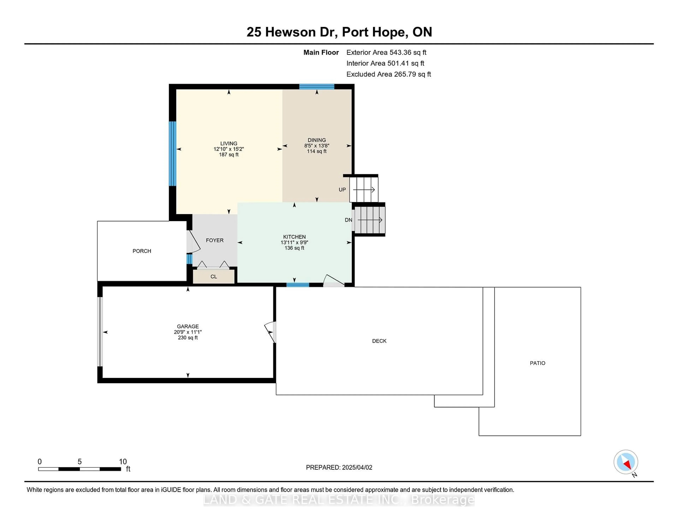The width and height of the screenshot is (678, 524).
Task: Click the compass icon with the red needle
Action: (626, 462)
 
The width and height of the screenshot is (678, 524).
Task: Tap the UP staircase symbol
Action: (364, 189)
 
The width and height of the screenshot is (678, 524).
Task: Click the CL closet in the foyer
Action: (214, 276)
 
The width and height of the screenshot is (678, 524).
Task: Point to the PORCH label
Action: (142, 251)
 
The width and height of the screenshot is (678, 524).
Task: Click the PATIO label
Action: (537, 363)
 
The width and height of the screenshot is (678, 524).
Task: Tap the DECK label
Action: (379, 341)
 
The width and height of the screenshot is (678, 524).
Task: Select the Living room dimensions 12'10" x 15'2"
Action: (229, 149)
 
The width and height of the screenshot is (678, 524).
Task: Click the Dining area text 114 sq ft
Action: (317, 151)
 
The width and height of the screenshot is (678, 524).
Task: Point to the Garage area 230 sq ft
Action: (188, 337)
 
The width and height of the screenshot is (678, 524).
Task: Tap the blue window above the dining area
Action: (317, 87)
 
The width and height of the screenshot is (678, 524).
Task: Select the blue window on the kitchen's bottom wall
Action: (297, 285)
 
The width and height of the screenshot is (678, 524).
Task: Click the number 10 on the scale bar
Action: (123, 462)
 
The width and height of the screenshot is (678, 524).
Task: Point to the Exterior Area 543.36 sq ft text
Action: (386, 52)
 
